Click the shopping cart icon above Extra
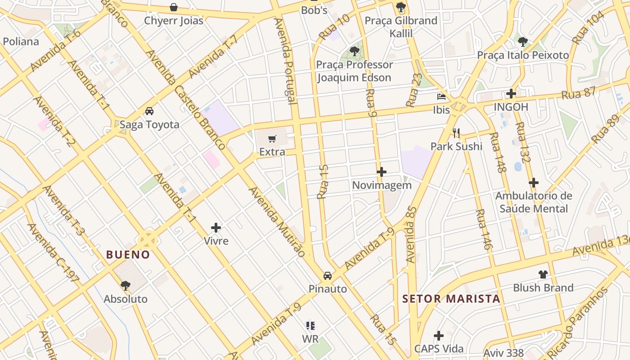[x=272, y=139]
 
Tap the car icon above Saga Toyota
[x=149, y=111]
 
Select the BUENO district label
[x=128, y=255]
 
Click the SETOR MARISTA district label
[x=451, y=299]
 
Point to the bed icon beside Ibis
[x=441, y=96]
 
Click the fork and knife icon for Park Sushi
[x=456, y=132]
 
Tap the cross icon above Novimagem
[x=382, y=172]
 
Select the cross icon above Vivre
[x=216, y=228]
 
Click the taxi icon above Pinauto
[x=328, y=275]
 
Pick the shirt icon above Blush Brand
[x=543, y=274]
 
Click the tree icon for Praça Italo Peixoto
[x=522, y=42]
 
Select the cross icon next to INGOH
[x=511, y=94]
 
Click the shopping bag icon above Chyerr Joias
[x=173, y=7]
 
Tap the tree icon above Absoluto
[x=126, y=285]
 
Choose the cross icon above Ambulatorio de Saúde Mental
[x=533, y=183]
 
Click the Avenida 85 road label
[x=411, y=234]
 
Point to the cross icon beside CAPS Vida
[x=438, y=336]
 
